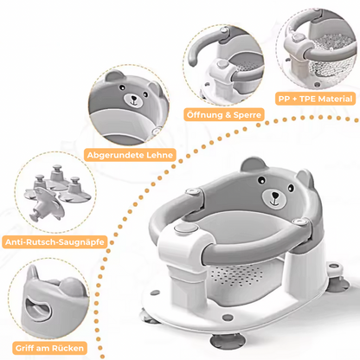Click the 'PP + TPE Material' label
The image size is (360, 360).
[x=315, y=99]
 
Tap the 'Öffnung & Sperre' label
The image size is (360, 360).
[x=224, y=115]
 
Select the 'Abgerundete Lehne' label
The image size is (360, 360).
[x=130, y=155]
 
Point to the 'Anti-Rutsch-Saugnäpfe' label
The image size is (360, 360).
[x=55, y=241]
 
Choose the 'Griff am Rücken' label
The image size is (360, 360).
[x=49, y=348]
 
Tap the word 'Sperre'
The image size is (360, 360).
[x=247, y=115]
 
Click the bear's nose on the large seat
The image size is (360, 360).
[x=275, y=196]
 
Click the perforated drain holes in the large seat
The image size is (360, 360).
[x=236, y=276]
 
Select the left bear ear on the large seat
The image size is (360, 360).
[x=254, y=164]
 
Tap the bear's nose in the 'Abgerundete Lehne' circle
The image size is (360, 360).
[x=133, y=99]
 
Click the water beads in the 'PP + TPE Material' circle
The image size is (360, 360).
[x=331, y=58]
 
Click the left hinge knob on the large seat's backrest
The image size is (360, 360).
[x=193, y=191]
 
